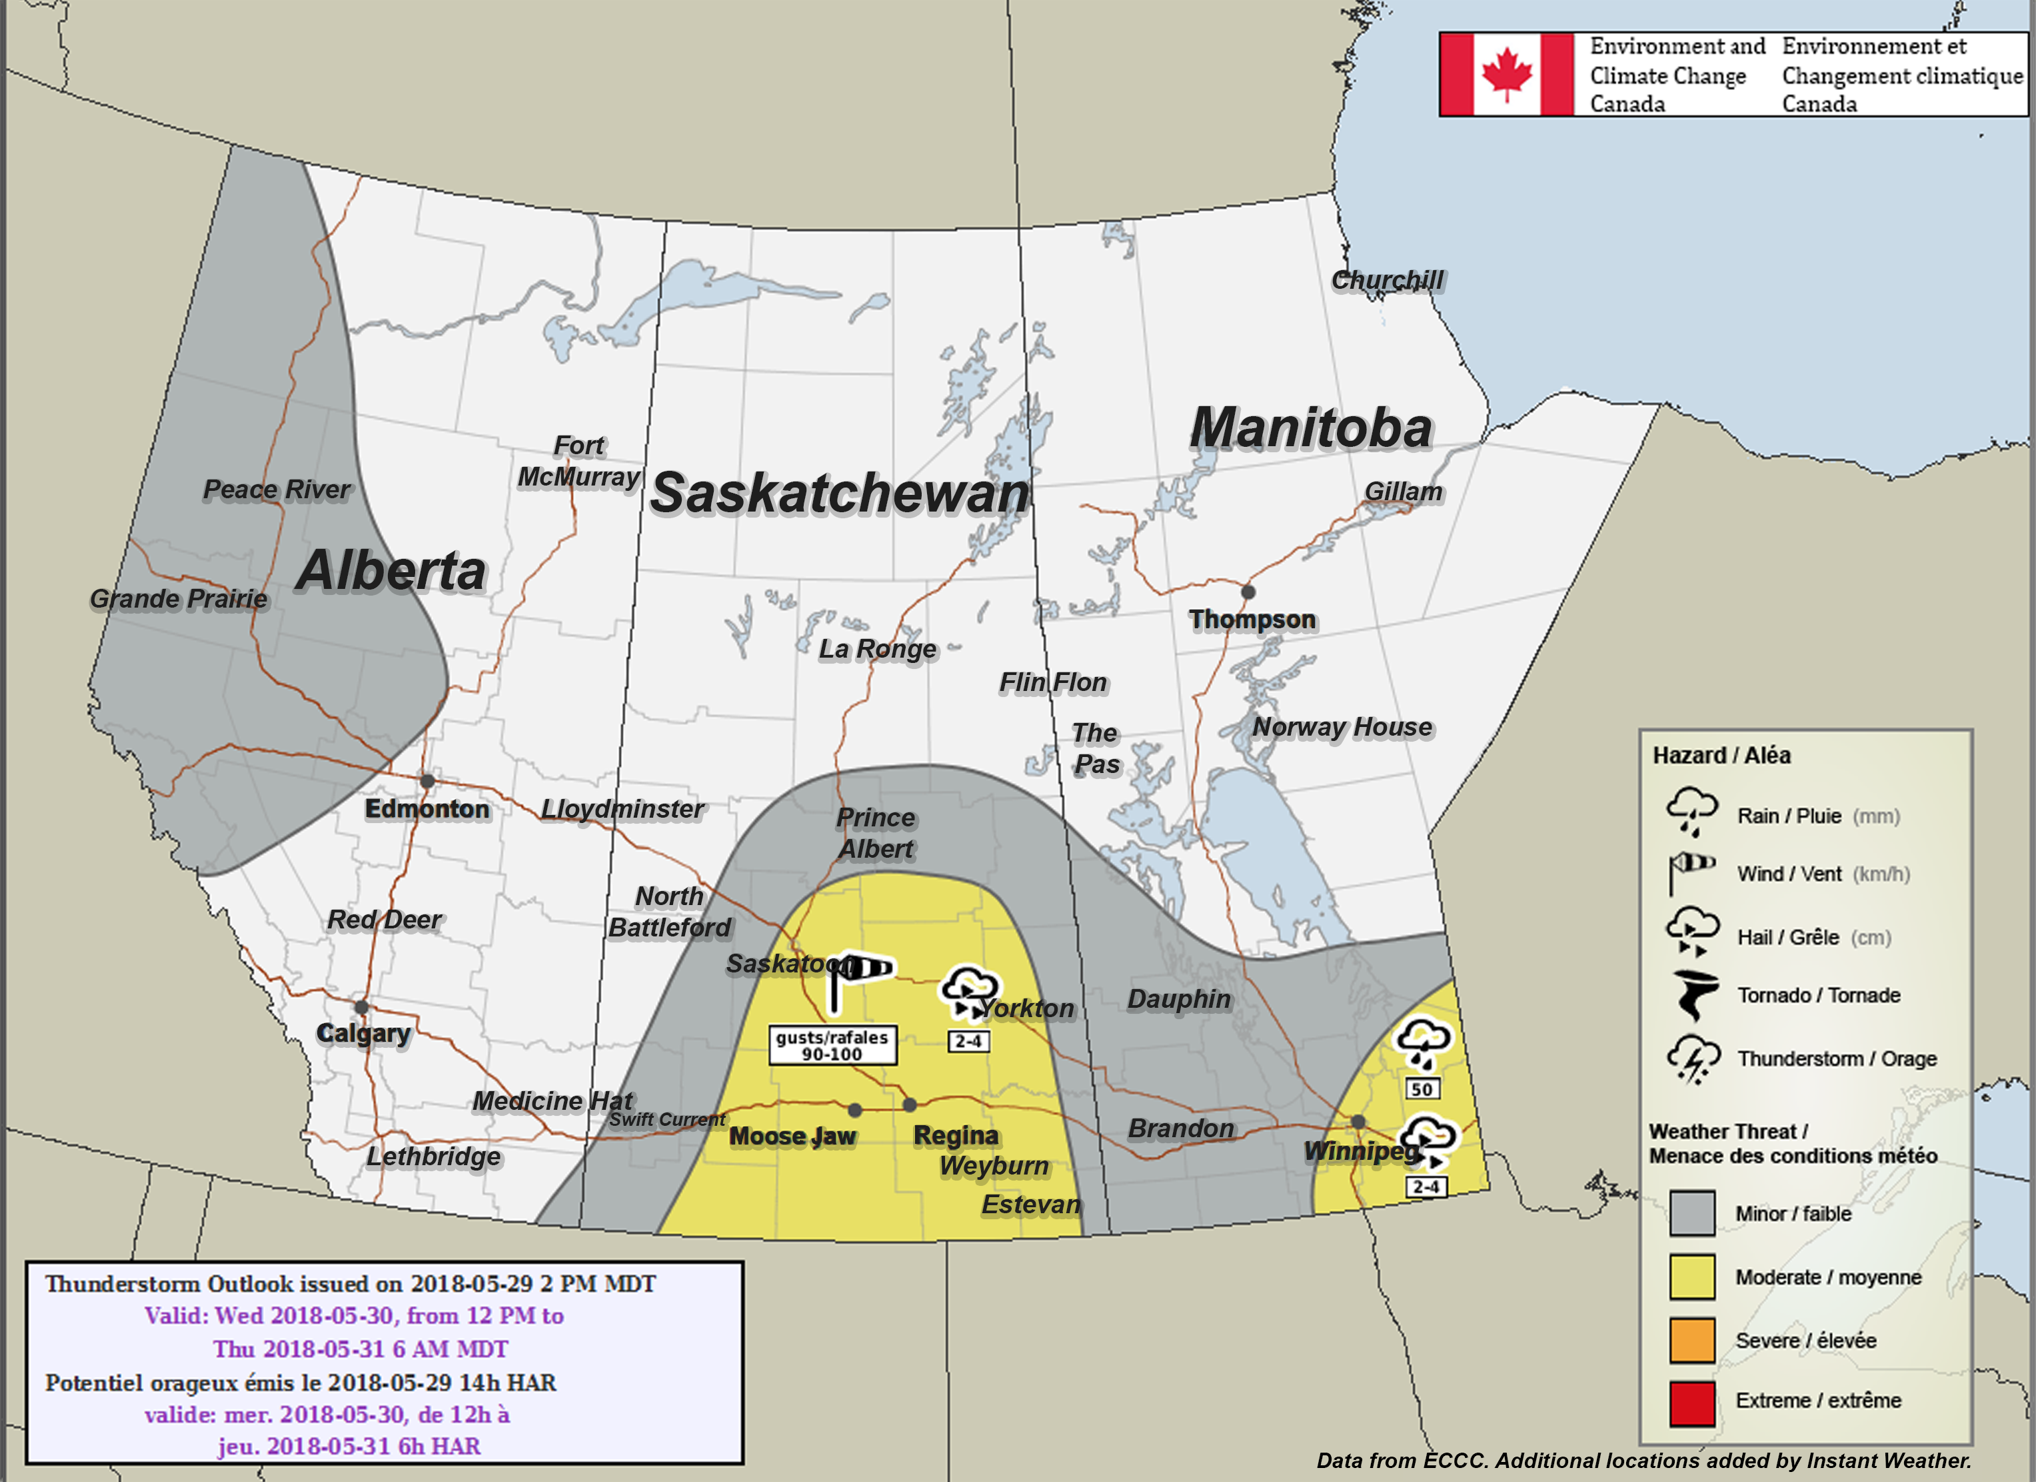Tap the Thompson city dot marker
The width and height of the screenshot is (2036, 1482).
coord(1248,592)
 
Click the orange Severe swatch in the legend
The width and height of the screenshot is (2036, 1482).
coord(1692,1340)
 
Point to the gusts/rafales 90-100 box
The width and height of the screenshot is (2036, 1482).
coord(832,1046)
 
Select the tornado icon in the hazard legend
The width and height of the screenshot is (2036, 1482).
coord(1695,994)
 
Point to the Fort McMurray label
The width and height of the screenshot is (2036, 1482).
coord(579,461)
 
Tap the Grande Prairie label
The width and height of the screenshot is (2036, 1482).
coord(179,598)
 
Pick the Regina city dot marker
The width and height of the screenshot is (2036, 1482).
coord(910,1104)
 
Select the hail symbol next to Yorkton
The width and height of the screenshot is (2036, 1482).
coord(968,992)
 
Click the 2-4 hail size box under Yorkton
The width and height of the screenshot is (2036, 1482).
coord(968,1041)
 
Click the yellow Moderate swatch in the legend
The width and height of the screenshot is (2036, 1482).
coord(1692,1277)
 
